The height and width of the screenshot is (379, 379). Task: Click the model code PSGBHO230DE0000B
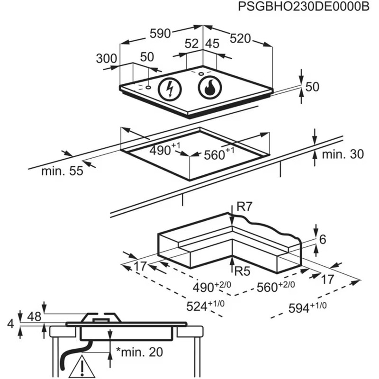tap(304, 7)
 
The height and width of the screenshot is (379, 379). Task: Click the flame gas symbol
tap(209, 88)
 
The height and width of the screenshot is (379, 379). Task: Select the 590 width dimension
tap(160, 33)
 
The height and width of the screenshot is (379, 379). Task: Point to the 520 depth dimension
tap(240, 38)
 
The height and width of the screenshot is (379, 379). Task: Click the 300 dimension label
tap(107, 58)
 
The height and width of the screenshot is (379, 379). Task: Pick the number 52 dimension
tap(192, 44)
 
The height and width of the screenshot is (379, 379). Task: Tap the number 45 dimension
tap(212, 44)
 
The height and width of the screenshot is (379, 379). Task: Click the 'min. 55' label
tap(62, 171)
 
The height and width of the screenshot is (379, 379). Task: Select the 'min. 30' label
tap(343, 154)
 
